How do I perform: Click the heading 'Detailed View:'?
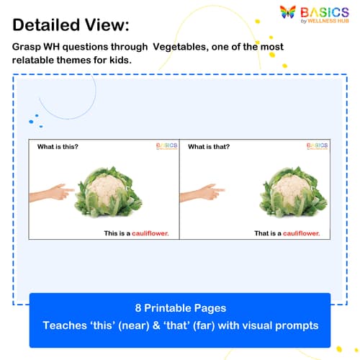tap(71, 24)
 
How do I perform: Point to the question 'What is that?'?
tap(209, 147)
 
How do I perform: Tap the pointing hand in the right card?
tap(202, 192)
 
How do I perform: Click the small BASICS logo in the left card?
tap(166, 146)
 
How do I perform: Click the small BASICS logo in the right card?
tap(317, 146)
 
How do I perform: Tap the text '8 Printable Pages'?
tap(179, 307)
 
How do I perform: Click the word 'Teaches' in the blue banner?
tap(66, 325)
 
